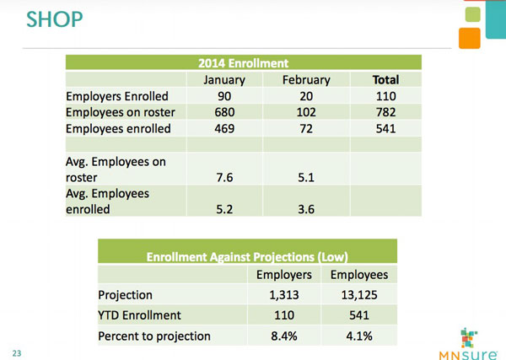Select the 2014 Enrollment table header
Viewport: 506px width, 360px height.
click(x=243, y=62)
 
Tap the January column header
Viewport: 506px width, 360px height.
click(x=223, y=80)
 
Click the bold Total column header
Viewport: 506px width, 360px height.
click(x=385, y=80)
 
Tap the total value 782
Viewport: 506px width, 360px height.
click(x=385, y=112)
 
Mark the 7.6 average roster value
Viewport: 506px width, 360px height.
click(x=223, y=177)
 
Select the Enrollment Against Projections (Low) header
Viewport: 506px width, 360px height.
click(x=247, y=256)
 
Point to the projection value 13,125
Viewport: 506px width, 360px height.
click(x=359, y=295)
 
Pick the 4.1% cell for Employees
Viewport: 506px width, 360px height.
click(x=359, y=336)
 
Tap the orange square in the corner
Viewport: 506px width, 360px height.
click(x=471, y=38)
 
